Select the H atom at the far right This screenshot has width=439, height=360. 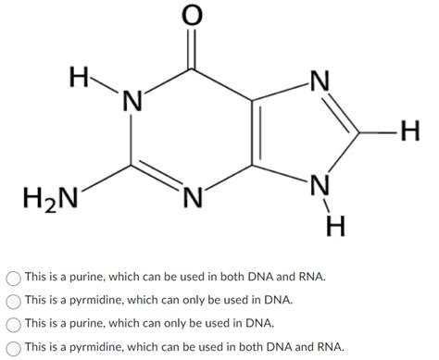[409, 133]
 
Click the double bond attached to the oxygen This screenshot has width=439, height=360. [192, 46]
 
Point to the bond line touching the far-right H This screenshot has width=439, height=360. [378, 133]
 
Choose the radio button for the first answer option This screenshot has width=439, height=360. [13, 277]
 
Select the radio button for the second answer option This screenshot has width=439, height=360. [13, 300]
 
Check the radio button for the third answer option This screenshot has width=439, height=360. [13, 323]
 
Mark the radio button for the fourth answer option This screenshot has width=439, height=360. [13, 346]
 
